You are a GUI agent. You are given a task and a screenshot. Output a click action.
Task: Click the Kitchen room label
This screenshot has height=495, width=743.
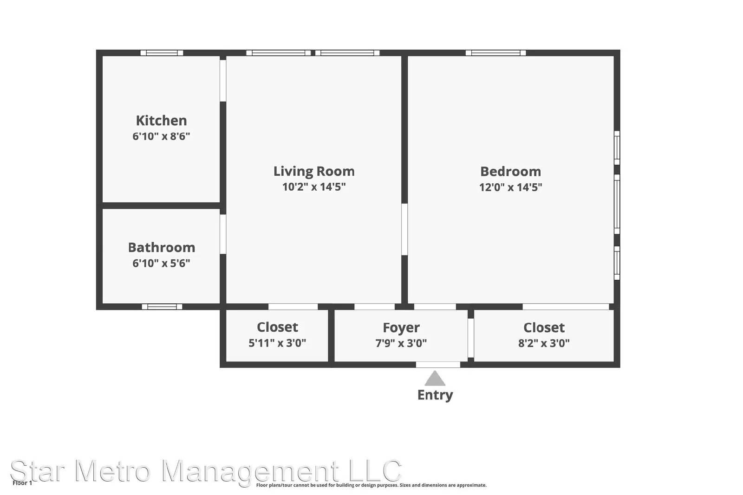[x=162, y=121]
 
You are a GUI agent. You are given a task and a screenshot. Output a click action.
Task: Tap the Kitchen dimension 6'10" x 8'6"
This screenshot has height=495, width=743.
[x=161, y=136]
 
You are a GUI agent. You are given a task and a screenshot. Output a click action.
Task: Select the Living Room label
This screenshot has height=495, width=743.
[x=314, y=172]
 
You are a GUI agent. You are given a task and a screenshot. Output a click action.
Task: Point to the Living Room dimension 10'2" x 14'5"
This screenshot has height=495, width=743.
[x=314, y=187]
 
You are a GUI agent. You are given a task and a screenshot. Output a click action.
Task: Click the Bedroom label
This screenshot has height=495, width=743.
[x=510, y=172]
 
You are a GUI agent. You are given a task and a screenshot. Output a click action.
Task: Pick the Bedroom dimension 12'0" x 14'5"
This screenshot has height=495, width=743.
[x=510, y=187]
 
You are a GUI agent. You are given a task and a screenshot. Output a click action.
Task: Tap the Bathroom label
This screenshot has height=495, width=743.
[x=162, y=248]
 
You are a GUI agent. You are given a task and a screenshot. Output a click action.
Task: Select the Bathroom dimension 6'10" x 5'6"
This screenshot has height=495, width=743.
[x=161, y=263]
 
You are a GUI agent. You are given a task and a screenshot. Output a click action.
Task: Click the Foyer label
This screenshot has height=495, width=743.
[x=401, y=328]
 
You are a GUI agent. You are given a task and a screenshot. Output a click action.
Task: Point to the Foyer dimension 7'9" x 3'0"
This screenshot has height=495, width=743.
[x=401, y=343]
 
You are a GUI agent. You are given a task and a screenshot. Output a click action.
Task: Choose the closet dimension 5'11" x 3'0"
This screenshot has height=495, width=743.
[x=277, y=342]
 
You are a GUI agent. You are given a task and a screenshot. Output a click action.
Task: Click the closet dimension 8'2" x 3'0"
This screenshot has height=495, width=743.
[x=544, y=343]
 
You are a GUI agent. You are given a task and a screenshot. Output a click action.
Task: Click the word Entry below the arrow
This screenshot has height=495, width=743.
[x=435, y=395]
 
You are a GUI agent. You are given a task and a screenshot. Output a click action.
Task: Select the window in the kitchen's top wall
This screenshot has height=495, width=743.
[x=162, y=53]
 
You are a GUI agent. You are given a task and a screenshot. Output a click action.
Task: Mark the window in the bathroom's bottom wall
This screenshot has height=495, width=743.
[x=162, y=307]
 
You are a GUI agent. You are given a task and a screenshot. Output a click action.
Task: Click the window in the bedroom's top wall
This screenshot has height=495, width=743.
[x=495, y=53]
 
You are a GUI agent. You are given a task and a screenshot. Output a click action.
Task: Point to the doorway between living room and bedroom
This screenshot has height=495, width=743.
[x=404, y=229]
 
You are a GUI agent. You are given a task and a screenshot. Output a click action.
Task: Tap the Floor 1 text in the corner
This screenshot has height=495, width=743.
[x=22, y=483]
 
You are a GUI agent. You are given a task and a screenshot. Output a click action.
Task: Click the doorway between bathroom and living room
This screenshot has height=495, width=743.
[x=223, y=234]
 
